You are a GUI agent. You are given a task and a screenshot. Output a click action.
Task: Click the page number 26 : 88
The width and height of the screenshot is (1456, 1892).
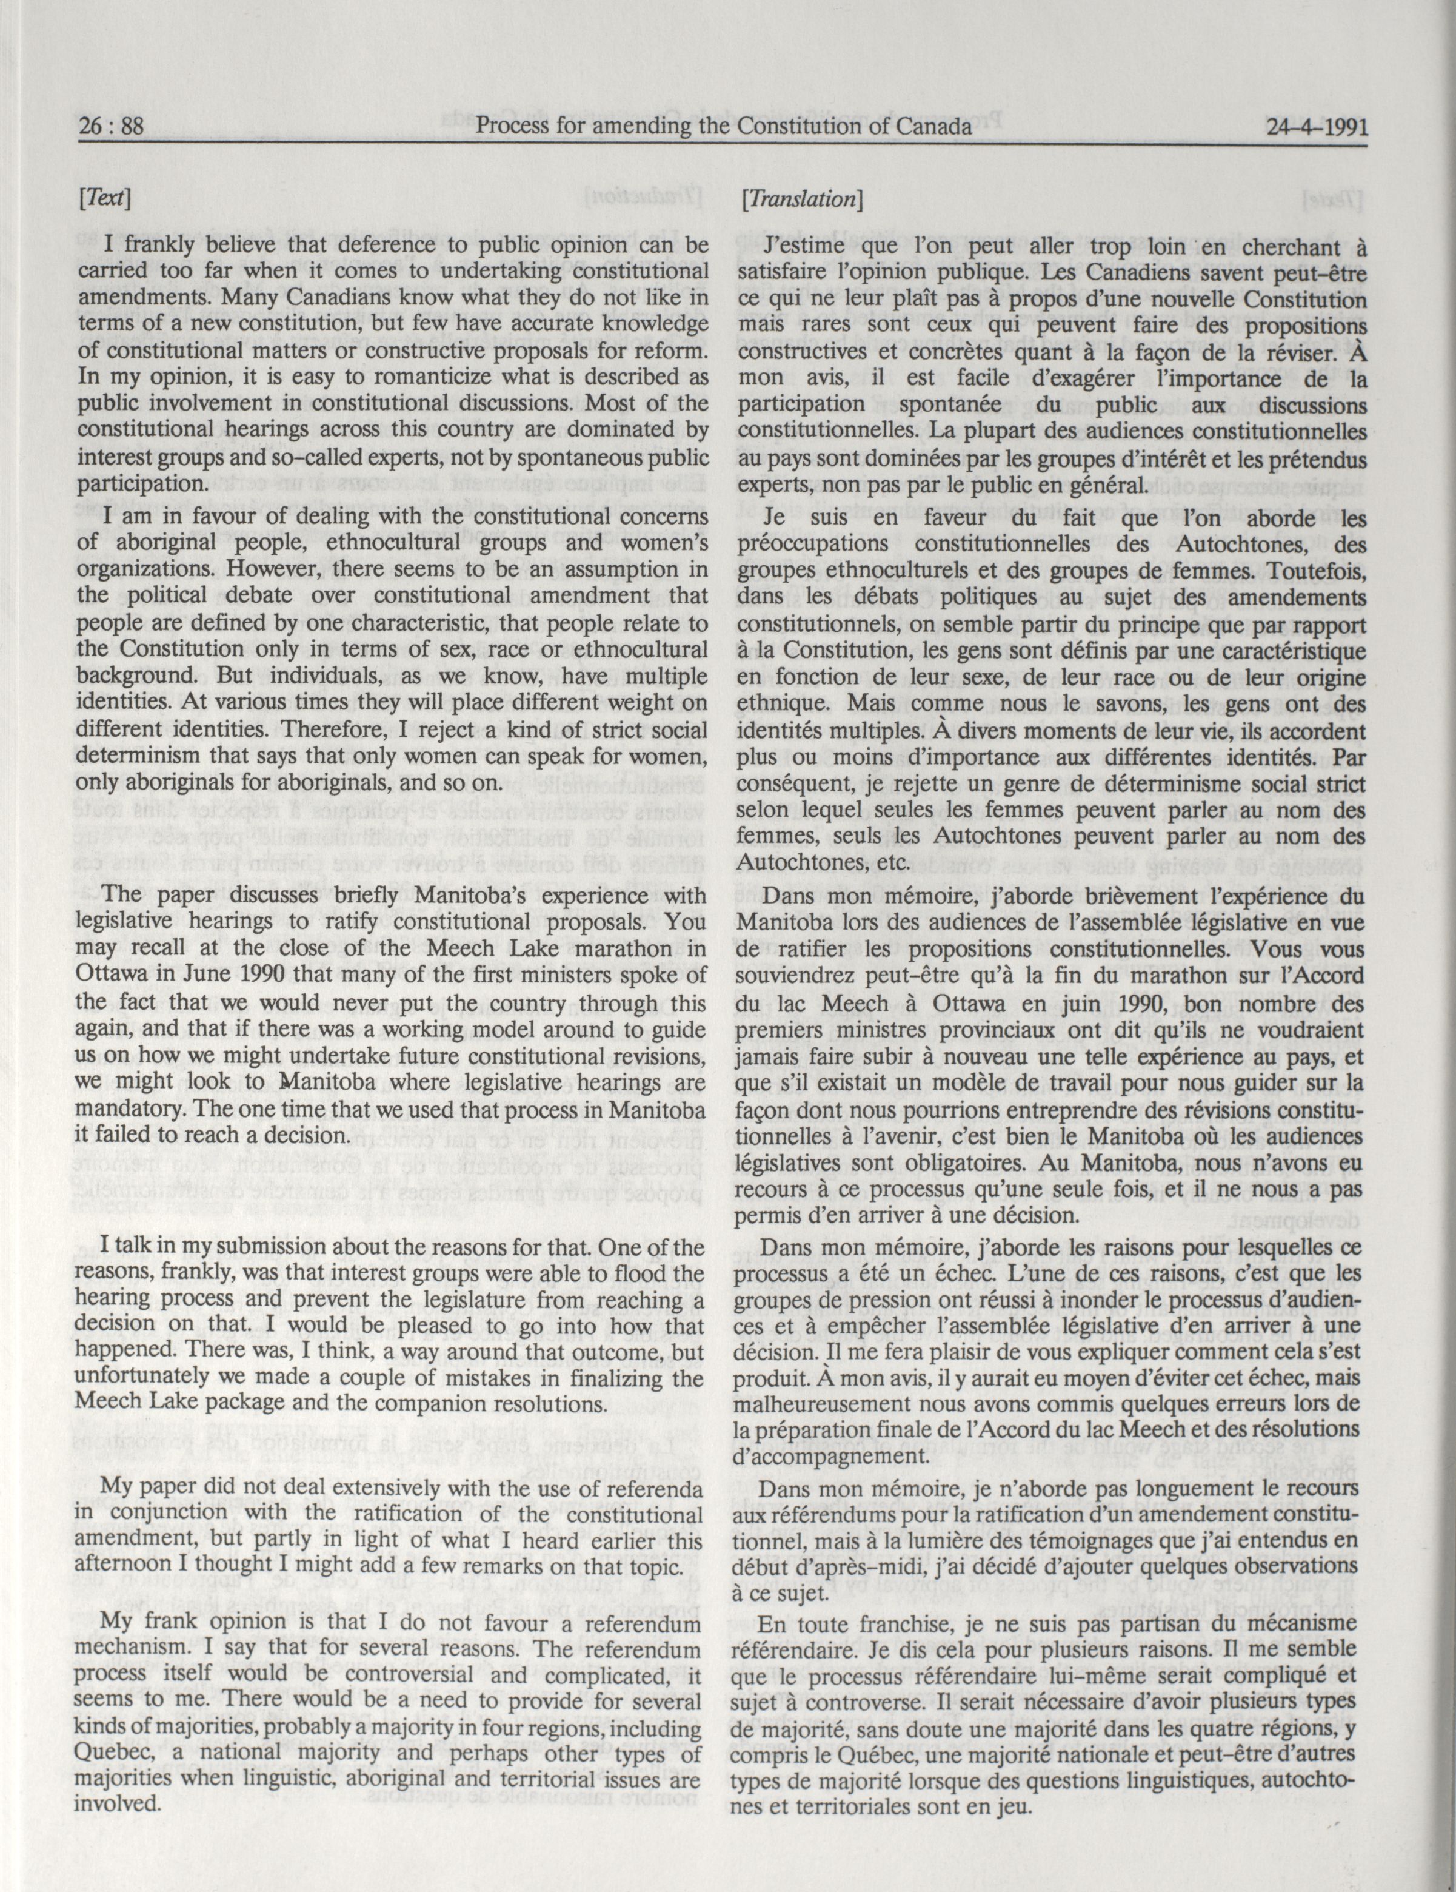pos(110,127)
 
